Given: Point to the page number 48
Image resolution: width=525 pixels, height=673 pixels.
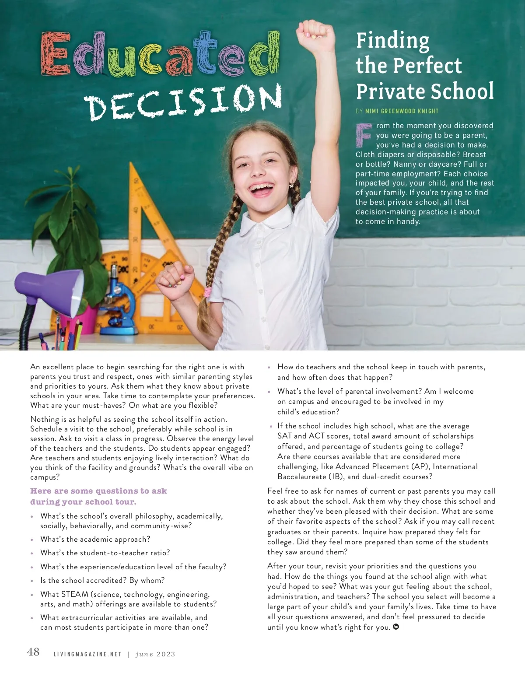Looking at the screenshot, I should (x=33, y=652).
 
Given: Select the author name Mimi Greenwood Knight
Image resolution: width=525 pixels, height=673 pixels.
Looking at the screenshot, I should (x=402, y=111).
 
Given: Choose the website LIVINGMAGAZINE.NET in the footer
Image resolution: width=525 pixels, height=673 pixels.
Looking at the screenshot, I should (x=87, y=655).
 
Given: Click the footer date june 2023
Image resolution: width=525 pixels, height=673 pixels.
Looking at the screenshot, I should (x=155, y=655).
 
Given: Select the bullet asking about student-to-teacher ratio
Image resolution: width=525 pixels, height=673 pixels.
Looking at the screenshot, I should (x=105, y=553).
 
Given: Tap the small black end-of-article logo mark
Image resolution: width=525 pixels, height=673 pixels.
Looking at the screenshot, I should (x=396, y=627).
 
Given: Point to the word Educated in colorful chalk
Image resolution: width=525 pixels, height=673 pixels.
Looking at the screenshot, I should (x=160, y=56).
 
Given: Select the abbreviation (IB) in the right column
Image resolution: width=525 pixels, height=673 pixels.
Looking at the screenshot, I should (x=333, y=477).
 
